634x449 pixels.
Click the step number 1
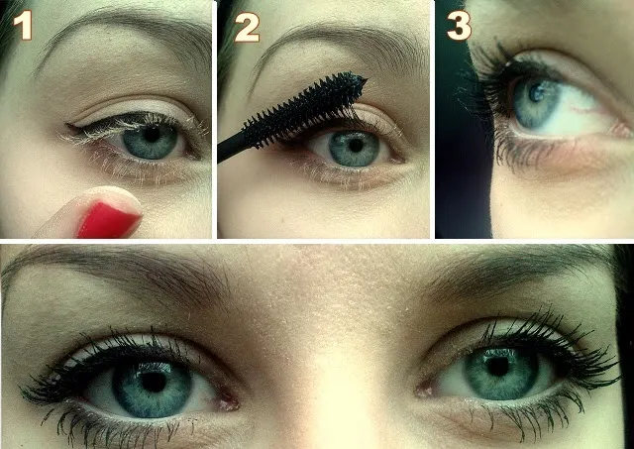pos(22,26)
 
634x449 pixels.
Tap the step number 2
pos(247,27)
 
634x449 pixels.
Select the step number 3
pos(459,26)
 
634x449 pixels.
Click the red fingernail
pos(107,220)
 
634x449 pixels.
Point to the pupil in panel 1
pos(152,135)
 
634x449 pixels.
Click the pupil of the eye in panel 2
pos(356,146)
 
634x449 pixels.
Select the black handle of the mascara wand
pos(231,148)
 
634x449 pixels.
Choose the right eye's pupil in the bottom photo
pos(497,366)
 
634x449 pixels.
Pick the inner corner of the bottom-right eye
pos(423,391)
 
